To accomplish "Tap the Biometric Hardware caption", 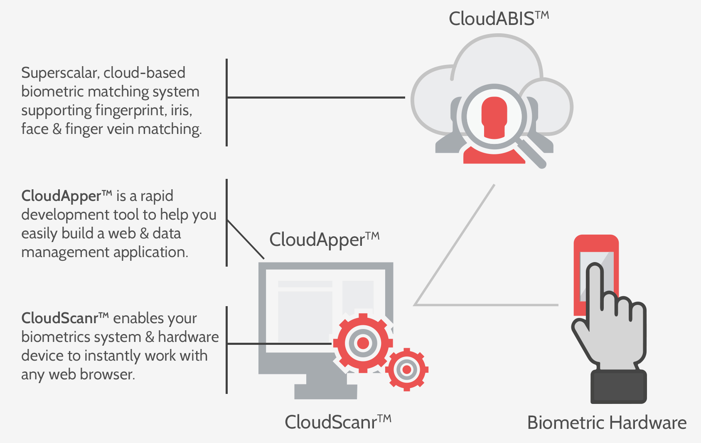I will [606, 423].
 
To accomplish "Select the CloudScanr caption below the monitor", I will [337, 422].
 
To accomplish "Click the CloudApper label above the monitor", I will [324, 240].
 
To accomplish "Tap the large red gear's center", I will [363, 343].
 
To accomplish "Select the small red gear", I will [407, 369].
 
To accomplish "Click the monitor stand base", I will [325, 391].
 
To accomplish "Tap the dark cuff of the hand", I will [618, 387].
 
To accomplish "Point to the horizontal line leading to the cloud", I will [316, 98].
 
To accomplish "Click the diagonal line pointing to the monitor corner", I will [245, 239].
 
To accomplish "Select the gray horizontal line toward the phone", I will [486, 305].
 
